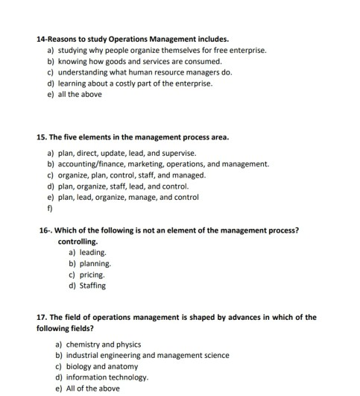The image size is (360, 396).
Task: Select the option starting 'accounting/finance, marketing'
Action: (x=163, y=164)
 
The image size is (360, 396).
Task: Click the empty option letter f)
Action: (x=49, y=209)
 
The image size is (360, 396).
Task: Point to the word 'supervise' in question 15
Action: (x=178, y=153)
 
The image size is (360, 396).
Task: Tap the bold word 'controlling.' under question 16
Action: (x=78, y=242)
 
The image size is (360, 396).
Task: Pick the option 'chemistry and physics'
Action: (x=101, y=345)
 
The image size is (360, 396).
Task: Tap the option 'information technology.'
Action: (x=107, y=378)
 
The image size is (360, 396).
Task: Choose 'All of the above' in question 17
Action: (x=92, y=389)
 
